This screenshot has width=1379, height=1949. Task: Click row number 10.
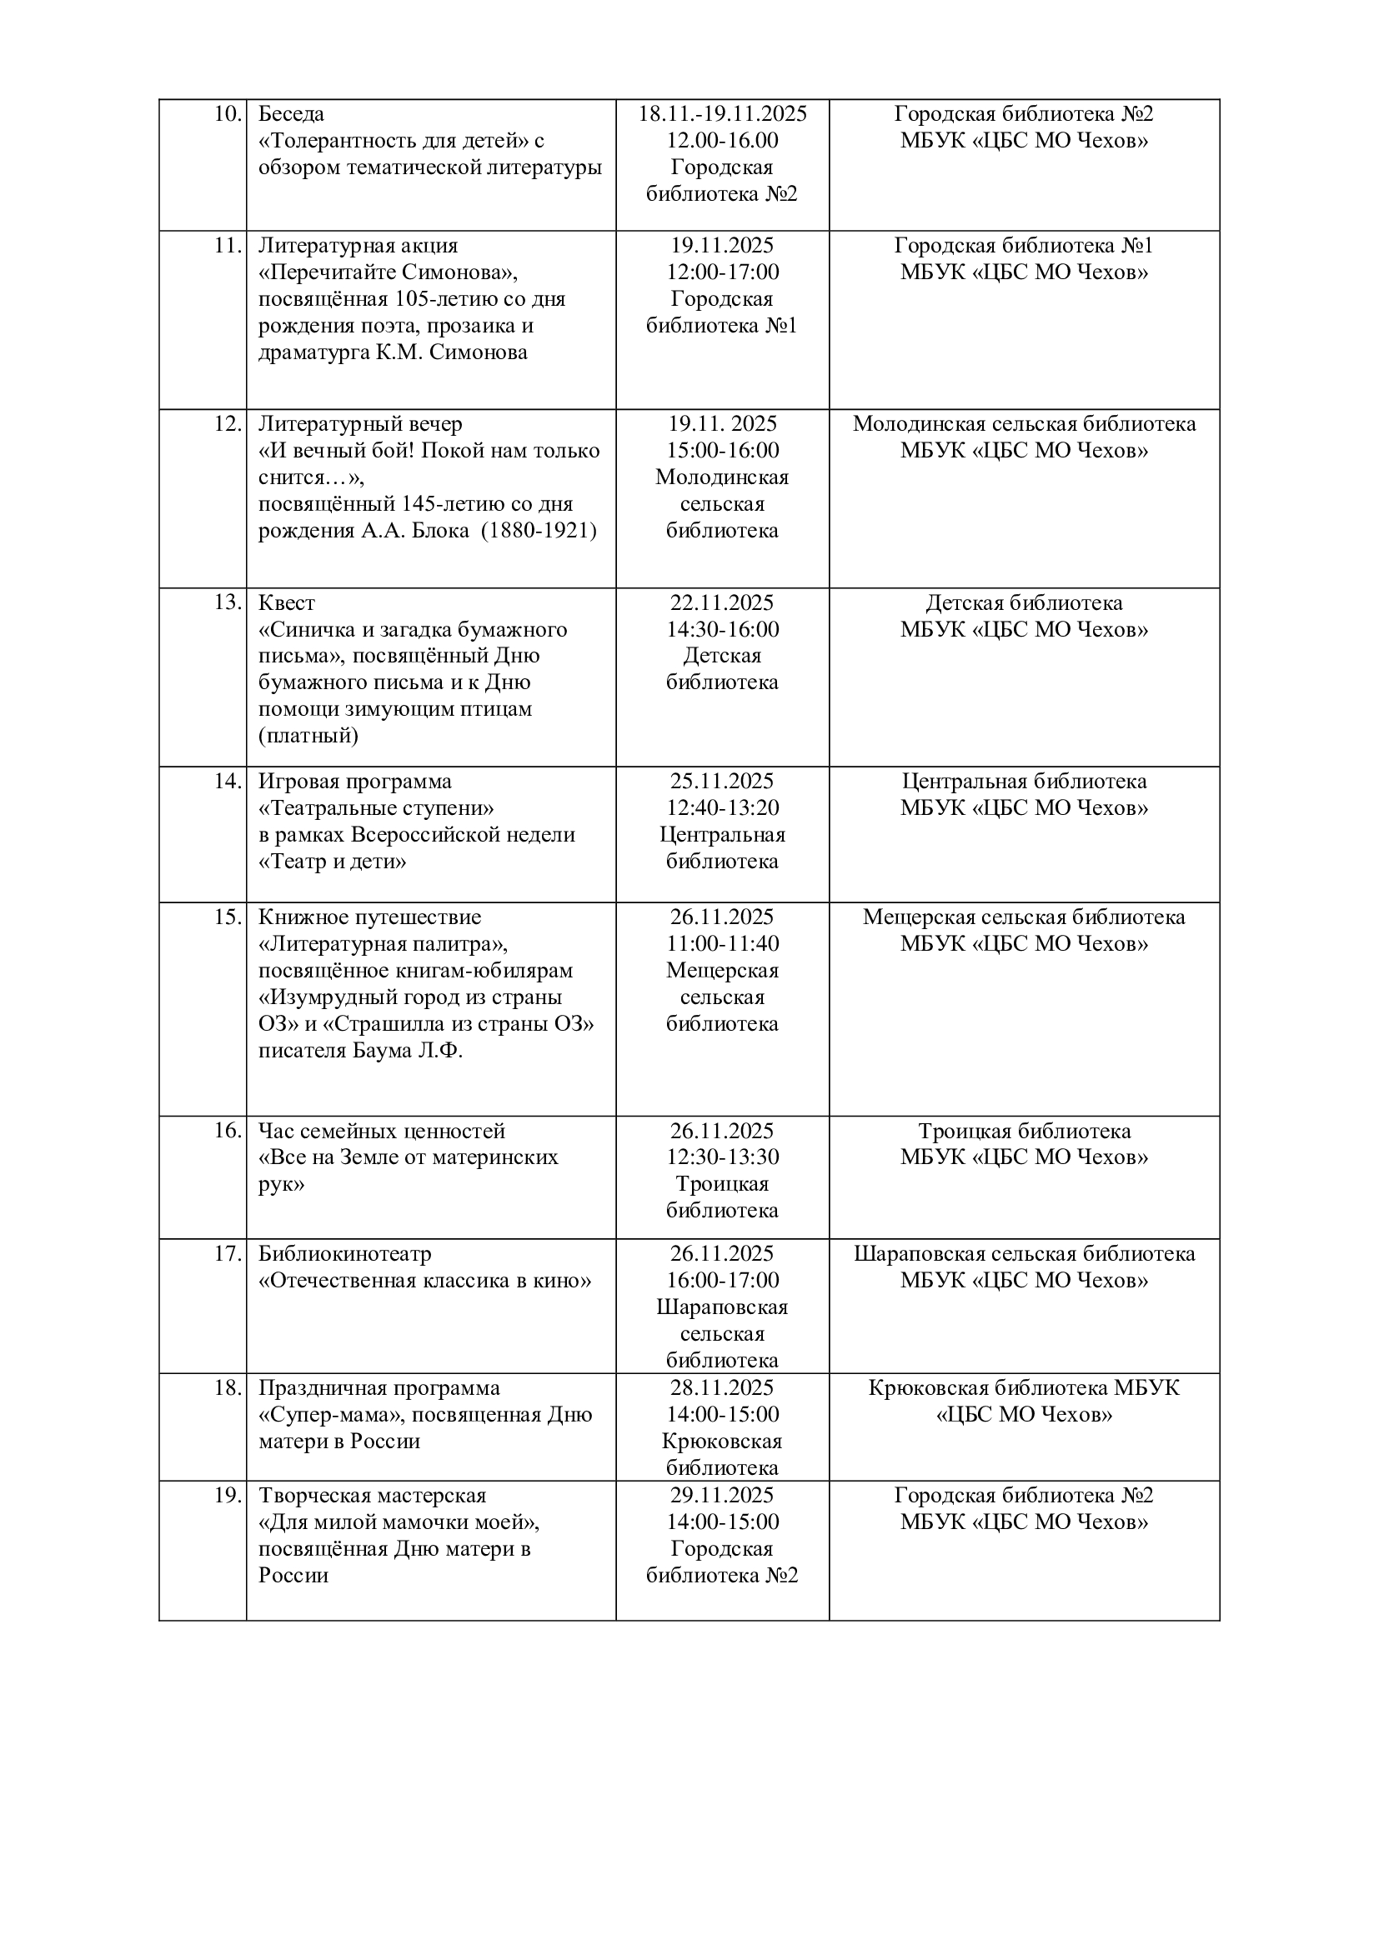[x=228, y=114]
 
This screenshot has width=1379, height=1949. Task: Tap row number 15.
[x=228, y=917]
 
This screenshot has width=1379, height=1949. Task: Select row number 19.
[x=228, y=1496]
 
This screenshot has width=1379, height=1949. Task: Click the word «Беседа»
[x=291, y=114]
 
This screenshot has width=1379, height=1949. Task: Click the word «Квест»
[x=286, y=602]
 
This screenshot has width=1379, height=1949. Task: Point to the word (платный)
[x=308, y=735]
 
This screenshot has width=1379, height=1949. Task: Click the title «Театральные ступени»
[x=376, y=807]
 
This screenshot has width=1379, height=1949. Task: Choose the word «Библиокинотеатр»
[x=345, y=1254]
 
